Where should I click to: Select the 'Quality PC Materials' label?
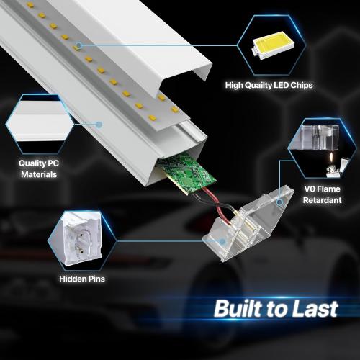[x=39, y=168]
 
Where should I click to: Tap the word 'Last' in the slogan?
[x=315, y=308]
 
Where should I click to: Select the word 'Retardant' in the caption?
[x=323, y=200]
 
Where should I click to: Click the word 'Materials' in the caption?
[x=39, y=174]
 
